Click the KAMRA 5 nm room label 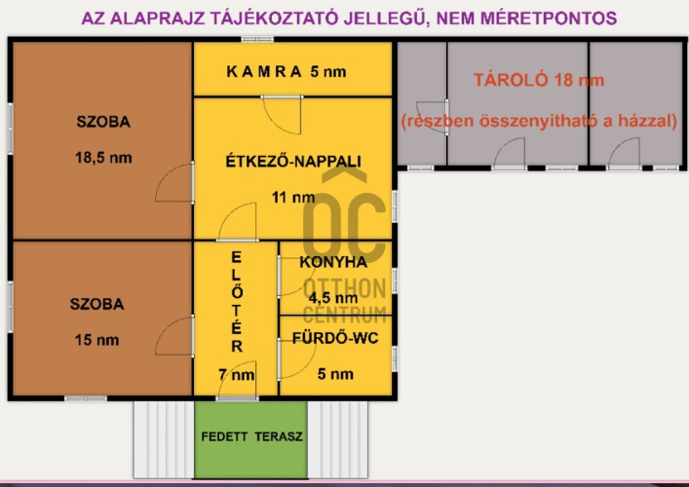(286, 72)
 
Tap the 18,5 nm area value (103, 156)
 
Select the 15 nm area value (96, 340)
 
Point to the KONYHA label (333, 262)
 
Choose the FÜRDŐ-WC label (334, 339)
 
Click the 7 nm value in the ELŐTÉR (237, 374)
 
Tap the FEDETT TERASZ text (252, 436)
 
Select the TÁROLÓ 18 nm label (531, 81)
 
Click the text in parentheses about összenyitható (539, 122)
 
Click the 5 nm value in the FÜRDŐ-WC (335, 374)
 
